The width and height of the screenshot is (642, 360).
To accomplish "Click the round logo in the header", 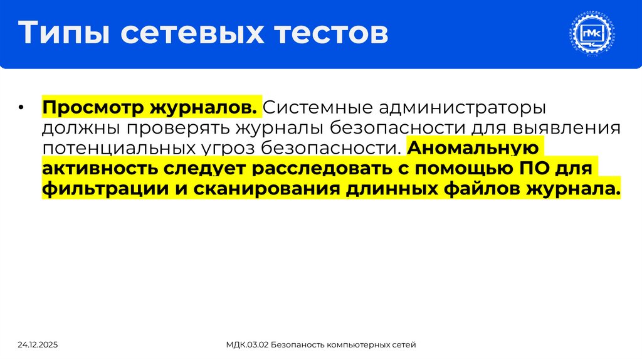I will pyautogui.click(x=591, y=34).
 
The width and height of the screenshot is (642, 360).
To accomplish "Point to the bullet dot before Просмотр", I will pyautogui.click(x=21, y=107).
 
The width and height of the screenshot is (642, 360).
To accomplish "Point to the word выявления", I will pyautogui.click(x=567, y=128).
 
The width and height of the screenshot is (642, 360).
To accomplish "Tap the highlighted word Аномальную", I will pyautogui.click(x=473, y=149).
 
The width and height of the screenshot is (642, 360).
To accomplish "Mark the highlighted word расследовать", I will pyautogui.click(x=323, y=169).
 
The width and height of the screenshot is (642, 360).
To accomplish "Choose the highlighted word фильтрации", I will pyautogui.click(x=101, y=190).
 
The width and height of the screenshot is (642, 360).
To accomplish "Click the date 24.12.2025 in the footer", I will pyautogui.click(x=38, y=345).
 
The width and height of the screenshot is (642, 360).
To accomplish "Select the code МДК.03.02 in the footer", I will pyautogui.click(x=250, y=345).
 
